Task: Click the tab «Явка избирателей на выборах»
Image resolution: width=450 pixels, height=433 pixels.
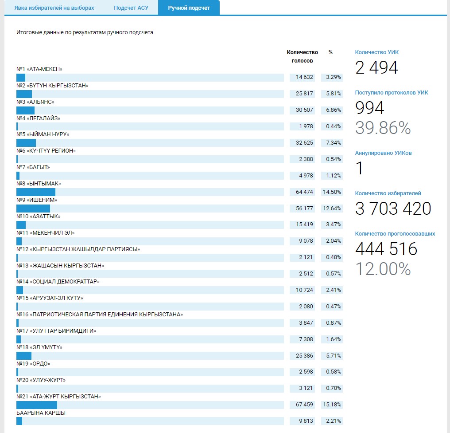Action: coord(54,8)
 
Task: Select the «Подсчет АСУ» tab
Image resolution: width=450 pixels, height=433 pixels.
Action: coord(131,8)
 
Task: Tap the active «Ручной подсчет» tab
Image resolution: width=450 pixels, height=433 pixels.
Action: coord(189,8)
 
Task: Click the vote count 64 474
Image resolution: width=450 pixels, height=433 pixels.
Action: coord(302,192)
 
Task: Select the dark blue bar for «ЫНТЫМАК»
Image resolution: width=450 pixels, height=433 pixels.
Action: coord(36,192)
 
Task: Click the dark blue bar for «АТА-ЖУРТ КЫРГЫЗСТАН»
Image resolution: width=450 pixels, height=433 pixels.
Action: coord(37,405)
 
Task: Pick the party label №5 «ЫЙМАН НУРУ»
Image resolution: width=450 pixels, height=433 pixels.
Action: coord(43,134)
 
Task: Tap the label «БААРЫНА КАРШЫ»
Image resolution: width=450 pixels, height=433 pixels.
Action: coord(41,413)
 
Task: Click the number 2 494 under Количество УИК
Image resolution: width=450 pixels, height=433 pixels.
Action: coord(376,68)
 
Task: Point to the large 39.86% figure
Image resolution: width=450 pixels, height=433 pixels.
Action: coord(383,128)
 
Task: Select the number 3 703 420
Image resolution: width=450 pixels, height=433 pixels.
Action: coord(393,209)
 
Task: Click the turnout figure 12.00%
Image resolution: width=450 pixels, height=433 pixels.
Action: coord(383,269)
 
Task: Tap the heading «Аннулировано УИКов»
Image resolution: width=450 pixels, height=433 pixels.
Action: coord(384,153)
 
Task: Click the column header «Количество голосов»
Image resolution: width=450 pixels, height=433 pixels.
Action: coord(302,56)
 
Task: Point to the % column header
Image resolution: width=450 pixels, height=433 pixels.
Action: coord(330,52)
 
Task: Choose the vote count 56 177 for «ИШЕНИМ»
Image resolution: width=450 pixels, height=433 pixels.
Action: coord(302,208)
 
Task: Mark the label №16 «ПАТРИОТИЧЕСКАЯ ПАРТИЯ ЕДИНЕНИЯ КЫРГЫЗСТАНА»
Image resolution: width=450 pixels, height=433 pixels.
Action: coord(100,315)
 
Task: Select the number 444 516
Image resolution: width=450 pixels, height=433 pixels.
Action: coord(386,249)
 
